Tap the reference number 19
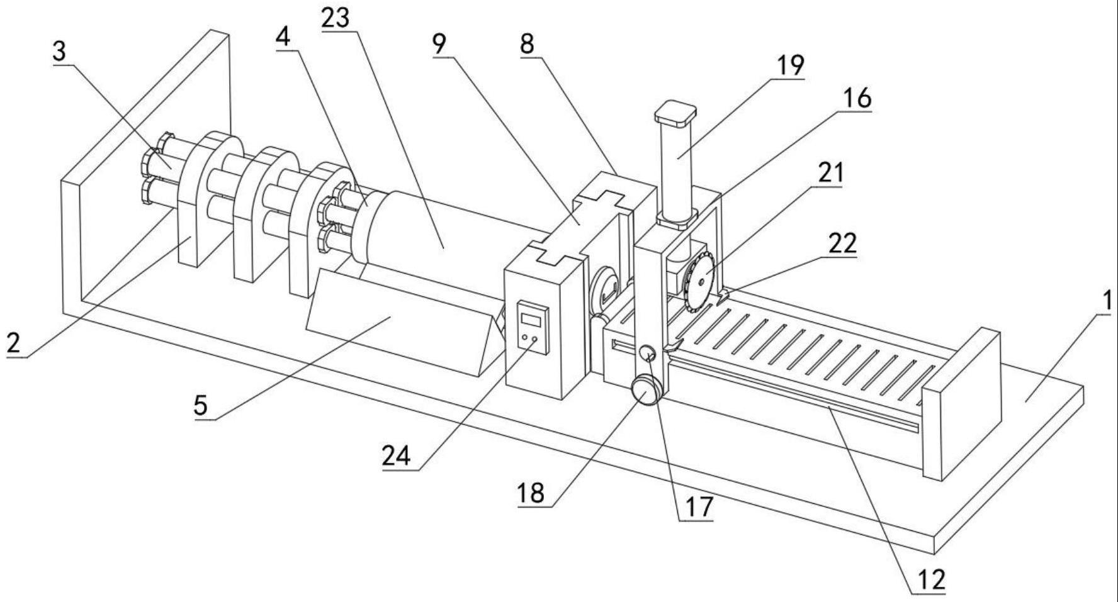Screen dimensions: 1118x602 tap(790, 65)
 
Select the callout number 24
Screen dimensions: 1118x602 tap(397, 455)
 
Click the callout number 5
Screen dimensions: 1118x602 tap(201, 405)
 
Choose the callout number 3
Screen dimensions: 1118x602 tap(59, 52)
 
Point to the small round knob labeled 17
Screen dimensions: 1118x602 tap(648, 355)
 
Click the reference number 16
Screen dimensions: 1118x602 tap(857, 98)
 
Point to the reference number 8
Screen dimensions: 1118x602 tap(528, 43)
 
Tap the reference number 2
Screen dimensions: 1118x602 tap(14, 343)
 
